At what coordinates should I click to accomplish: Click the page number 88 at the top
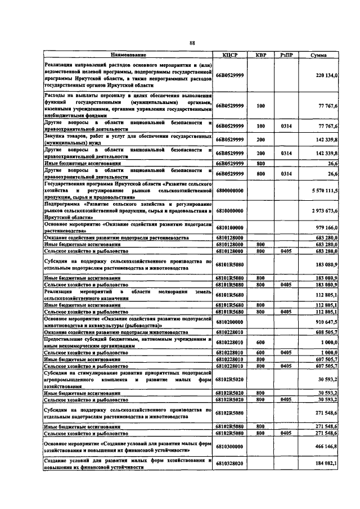192,43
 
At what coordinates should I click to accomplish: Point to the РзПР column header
286,55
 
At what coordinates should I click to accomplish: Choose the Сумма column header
320,55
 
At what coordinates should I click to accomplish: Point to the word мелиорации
159,291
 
